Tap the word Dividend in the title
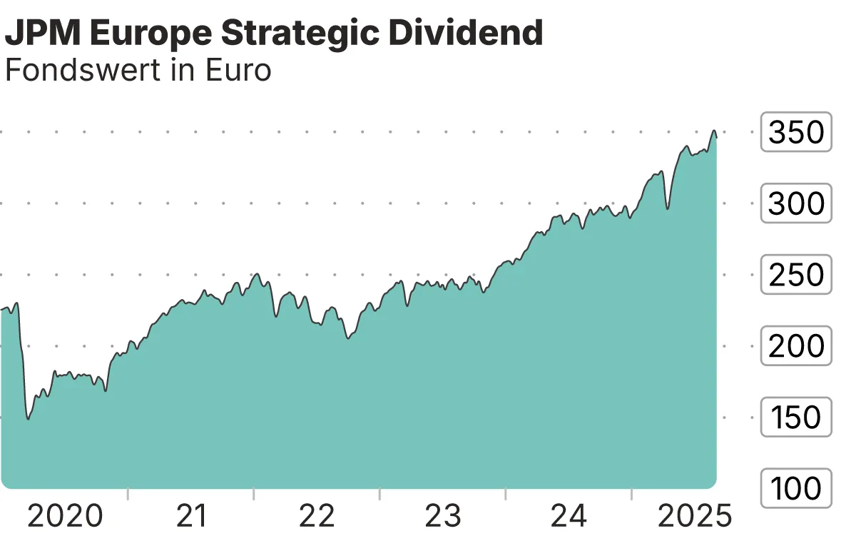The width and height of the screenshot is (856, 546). pos(472,33)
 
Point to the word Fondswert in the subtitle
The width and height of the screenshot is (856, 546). pos(82,71)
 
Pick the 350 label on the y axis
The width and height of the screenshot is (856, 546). pos(796,132)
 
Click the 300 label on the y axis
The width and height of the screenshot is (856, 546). pos(796,203)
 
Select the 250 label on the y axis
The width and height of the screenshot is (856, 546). pos(796,275)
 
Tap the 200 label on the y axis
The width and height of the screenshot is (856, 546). pos(796,346)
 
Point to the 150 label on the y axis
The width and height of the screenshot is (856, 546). pos(796,418)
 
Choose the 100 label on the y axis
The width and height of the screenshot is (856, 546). pos(796,489)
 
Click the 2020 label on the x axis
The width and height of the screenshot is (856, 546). pos(65,516)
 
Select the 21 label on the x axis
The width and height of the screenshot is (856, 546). pos(191,516)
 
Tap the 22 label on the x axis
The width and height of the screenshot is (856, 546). pos(317,516)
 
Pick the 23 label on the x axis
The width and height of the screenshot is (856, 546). pos(443,516)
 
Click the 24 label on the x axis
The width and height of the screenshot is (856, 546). pos(569,516)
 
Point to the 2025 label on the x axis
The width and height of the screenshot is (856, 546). pos(694,516)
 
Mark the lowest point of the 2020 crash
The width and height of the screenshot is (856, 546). pos(28,419)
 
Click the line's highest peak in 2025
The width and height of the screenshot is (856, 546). pos(713,131)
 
